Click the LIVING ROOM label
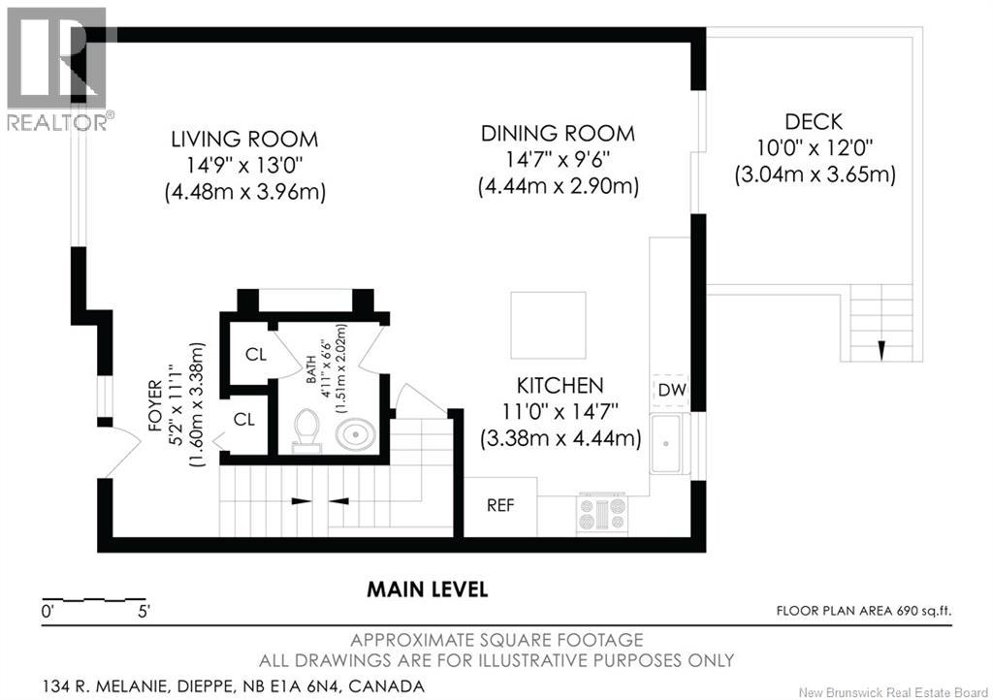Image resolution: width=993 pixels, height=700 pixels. click(x=244, y=139)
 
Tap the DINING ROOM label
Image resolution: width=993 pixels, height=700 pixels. click(x=558, y=133)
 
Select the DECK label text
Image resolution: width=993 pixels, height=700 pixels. click(x=814, y=121)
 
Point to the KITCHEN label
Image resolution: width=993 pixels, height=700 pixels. click(x=560, y=385)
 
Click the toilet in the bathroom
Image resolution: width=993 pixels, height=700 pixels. click(x=307, y=430)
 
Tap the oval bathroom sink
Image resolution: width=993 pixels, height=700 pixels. click(x=355, y=434)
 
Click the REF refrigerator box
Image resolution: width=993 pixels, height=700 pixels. click(x=501, y=506)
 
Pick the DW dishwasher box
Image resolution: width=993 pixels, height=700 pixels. click(x=671, y=390)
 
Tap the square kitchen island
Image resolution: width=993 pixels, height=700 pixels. click(x=549, y=326)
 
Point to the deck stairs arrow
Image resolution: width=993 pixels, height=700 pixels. click(x=881, y=351)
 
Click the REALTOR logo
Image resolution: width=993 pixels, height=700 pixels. click(x=57, y=69)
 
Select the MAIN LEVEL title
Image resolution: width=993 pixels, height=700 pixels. click(x=428, y=589)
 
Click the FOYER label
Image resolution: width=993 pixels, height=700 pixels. click(x=154, y=405)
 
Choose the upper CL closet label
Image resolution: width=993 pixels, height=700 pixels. click(x=256, y=355)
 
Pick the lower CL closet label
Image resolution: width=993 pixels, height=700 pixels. click(x=244, y=419)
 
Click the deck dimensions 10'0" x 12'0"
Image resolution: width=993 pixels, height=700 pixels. click(x=815, y=147)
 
